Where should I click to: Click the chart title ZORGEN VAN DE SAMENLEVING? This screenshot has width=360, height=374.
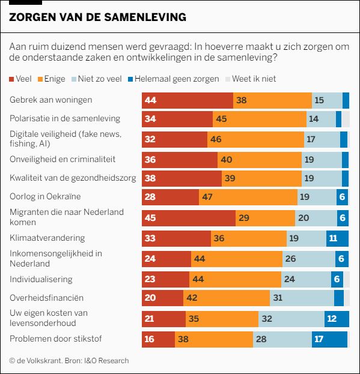pos(97,17)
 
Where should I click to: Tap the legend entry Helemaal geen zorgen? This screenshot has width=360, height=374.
pos(172,79)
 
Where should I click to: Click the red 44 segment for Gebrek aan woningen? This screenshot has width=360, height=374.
pos(187,100)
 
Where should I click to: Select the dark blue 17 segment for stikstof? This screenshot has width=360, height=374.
pos(329,339)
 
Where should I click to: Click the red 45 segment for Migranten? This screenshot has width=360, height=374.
pos(188,218)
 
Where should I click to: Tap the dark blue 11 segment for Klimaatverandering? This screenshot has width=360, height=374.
pos(337,238)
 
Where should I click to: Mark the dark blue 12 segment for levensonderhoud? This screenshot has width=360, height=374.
pos(336,319)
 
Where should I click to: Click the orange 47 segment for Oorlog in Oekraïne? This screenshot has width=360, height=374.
pos(248,197)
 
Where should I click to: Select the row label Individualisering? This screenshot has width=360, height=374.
pos(41,279)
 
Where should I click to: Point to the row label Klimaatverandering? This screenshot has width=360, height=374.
pos(47,238)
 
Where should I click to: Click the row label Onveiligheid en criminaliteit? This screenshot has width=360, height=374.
pos(63,159)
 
